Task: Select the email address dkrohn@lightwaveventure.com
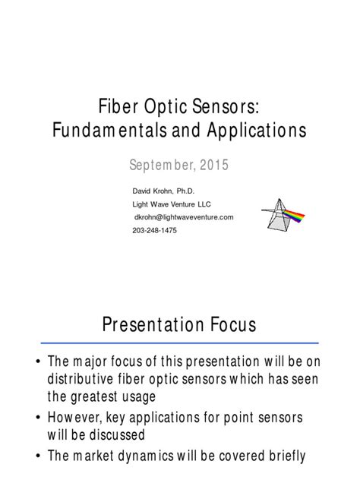click(x=183, y=217)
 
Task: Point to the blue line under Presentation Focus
click(x=179, y=343)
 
